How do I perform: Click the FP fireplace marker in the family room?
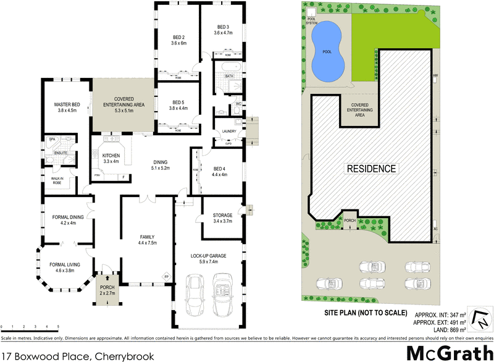click(165, 276)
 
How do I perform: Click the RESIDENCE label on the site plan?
click(371, 168)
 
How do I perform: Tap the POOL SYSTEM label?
click(311, 21)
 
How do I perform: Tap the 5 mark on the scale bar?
click(58, 326)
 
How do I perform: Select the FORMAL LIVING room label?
click(65, 267)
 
